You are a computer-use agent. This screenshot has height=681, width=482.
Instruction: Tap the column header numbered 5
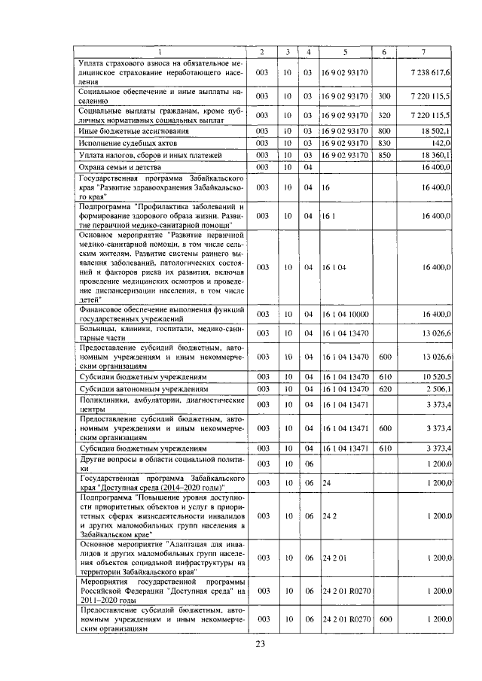pyautogui.click(x=344, y=51)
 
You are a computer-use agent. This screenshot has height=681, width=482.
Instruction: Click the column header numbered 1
pyautogui.click(x=160, y=51)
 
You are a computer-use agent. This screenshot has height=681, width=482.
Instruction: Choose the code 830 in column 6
pyautogui.click(x=384, y=142)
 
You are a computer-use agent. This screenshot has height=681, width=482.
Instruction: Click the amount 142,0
pyautogui.click(x=440, y=142)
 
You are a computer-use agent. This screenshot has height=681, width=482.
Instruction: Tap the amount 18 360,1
pyautogui.click(x=432, y=154)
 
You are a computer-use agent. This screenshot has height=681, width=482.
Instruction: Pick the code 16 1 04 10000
pyautogui.click(x=345, y=314)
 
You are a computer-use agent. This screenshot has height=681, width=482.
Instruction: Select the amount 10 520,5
pyautogui.click(x=434, y=376)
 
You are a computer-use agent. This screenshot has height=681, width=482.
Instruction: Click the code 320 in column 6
pyautogui.click(x=384, y=115)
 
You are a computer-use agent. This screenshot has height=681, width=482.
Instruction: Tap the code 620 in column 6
pyautogui.click(x=384, y=389)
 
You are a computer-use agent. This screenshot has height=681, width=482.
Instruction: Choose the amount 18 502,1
pyautogui.click(x=432, y=131)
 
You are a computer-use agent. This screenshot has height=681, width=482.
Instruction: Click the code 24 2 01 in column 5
pyautogui.click(x=333, y=558)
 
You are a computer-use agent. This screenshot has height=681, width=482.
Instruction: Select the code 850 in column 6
pyautogui.click(x=384, y=154)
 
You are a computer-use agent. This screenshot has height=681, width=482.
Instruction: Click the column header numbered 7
pyautogui.click(x=426, y=51)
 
